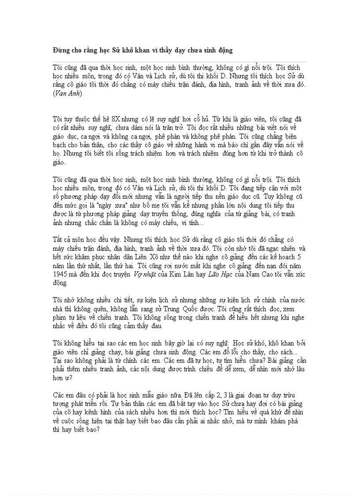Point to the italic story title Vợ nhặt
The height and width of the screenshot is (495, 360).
tap(144, 274)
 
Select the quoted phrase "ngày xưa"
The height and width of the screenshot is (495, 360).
tap(108, 205)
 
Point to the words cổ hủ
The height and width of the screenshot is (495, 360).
tap(198, 119)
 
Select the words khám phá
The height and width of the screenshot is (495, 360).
tap(289, 421)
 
